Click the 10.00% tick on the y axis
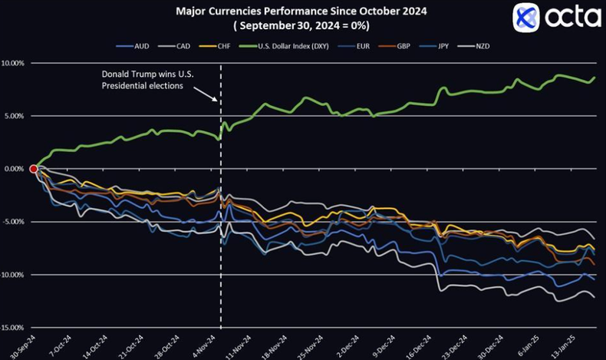click(14, 63)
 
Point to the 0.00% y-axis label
click(14, 169)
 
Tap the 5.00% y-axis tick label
click(14, 116)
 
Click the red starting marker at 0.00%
click(35, 169)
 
